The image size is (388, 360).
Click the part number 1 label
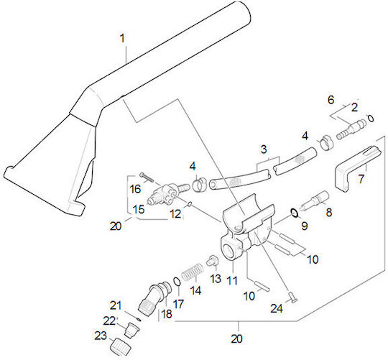122,38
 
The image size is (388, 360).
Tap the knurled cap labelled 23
120,346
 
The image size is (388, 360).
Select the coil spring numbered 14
193,271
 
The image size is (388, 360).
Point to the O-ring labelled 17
177,282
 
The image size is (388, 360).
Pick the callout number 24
277,308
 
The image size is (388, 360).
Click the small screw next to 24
293,297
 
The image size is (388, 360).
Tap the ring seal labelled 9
295,213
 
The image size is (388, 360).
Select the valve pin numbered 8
314,199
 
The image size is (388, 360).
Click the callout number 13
216,278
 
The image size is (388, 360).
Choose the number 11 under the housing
232,280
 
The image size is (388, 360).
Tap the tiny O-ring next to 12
190,204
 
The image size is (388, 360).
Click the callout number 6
331,99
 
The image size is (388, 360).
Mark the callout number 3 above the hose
264,149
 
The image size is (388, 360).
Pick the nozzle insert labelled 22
131,329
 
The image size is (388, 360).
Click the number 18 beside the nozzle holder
166,314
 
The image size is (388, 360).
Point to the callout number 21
116,305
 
